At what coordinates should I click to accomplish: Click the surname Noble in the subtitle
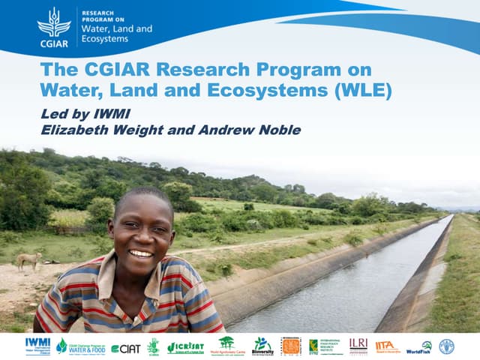click(280, 130)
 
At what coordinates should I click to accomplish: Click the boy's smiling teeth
click(140, 253)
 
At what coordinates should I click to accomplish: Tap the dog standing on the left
click(28, 260)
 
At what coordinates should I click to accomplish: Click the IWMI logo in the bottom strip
click(37, 346)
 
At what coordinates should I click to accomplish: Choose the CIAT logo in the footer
click(125, 348)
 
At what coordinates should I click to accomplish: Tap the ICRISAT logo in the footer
click(185, 346)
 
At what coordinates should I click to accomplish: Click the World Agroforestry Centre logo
click(226, 346)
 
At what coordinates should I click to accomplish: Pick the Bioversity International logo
click(263, 346)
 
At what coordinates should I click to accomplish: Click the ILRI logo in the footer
click(358, 345)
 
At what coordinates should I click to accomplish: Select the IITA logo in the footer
click(387, 346)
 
